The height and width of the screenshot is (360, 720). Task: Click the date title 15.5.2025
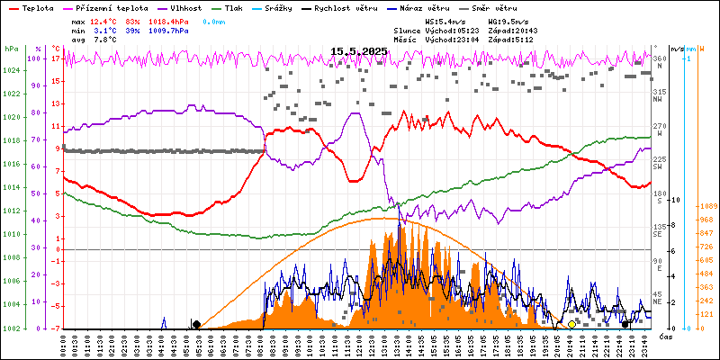[x=358, y=52]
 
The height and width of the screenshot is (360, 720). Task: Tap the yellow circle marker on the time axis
[x=571, y=324]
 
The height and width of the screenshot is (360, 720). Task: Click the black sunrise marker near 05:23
[x=196, y=324]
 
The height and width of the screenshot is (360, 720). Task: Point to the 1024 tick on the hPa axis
[x=11, y=70]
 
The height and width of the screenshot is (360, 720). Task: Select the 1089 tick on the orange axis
[x=707, y=205]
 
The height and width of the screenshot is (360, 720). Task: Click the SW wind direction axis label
[x=658, y=167]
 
